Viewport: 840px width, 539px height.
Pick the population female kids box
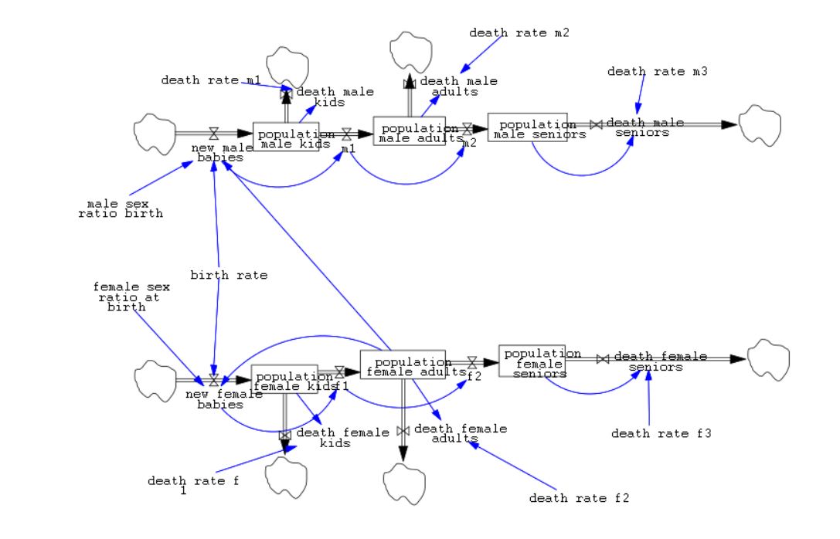pyautogui.click(x=284, y=378)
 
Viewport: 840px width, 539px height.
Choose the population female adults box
pyautogui.click(x=403, y=364)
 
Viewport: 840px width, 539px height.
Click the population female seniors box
pyautogui.click(x=532, y=361)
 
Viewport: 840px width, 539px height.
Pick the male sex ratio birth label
pyautogui.click(x=121, y=208)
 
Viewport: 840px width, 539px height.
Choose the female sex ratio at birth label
pyautogui.click(x=131, y=297)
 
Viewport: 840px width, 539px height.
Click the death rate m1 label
pyautogui.click(x=211, y=80)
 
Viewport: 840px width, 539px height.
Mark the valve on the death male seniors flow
pyautogui.click(x=596, y=124)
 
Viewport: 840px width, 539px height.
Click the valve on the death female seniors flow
pyautogui.click(x=603, y=358)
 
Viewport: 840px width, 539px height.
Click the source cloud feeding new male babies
pyautogui.click(x=154, y=133)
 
